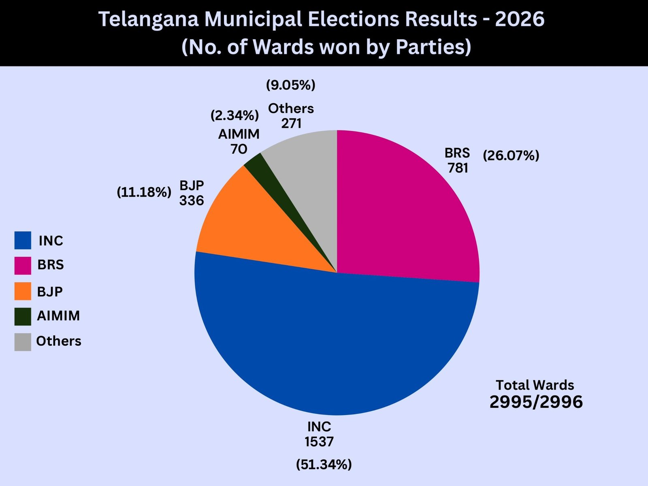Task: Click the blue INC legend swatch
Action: pos(23,240)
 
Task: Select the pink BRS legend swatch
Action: pos(23,265)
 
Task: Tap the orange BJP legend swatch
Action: pos(23,291)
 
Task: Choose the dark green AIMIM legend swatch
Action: pos(23,316)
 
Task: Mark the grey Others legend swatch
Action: pos(23,342)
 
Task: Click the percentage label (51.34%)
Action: pos(324,464)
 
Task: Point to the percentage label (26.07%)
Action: pos(511,156)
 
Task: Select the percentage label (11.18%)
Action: pos(144,192)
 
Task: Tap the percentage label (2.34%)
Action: pos(234,115)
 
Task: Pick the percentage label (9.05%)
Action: pos(290,85)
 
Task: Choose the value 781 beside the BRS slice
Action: pos(458,168)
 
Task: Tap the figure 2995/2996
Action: pos(536,402)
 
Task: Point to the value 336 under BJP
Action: pos(192,200)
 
